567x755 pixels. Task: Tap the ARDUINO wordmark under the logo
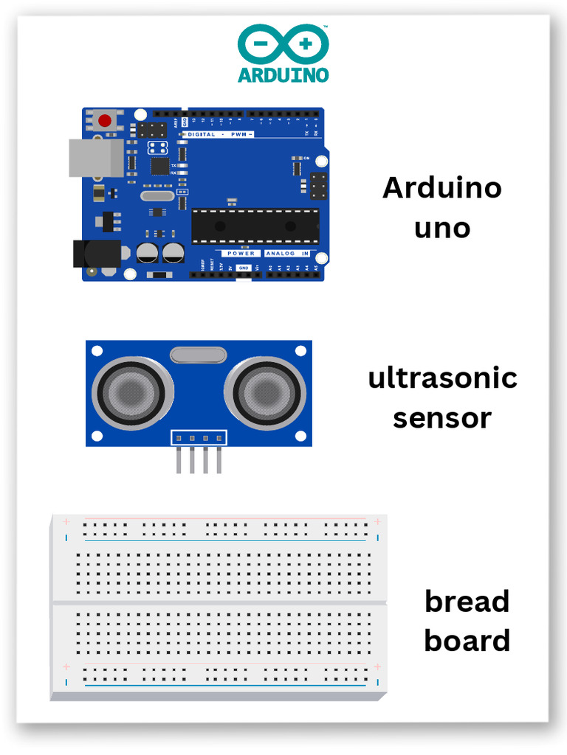pyautogui.click(x=283, y=74)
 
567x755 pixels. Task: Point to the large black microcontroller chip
pyautogui.click(x=255, y=226)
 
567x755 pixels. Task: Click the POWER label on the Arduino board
pyautogui.click(x=241, y=253)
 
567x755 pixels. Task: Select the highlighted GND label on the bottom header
pyautogui.click(x=244, y=268)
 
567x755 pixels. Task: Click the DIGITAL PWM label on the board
pyautogui.click(x=219, y=134)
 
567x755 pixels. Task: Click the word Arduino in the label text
pyautogui.click(x=441, y=188)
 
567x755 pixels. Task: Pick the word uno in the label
pyautogui.click(x=441, y=227)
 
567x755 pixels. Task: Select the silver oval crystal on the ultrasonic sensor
pyautogui.click(x=199, y=355)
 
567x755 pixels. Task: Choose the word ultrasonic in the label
pyautogui.click(x=442, y=378)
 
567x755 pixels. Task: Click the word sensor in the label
pyautogui.click(x=441, y=418)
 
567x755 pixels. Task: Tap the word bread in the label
pyautogui.click(x=467, y=601)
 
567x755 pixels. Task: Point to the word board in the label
pyautogui.click(x=467, y=640)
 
